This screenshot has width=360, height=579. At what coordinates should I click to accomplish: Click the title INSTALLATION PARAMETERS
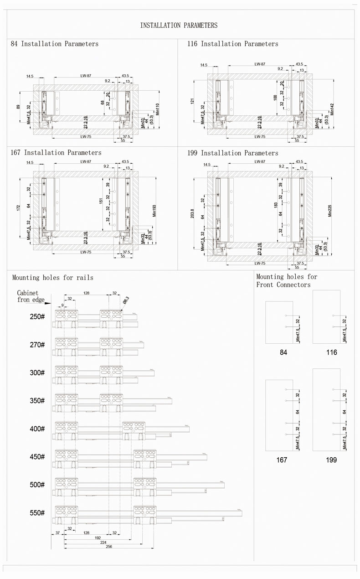coord(179,26)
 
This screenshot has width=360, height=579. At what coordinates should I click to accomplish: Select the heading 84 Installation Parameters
coord(55,44)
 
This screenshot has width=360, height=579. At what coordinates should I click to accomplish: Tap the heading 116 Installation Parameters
coord(232,44)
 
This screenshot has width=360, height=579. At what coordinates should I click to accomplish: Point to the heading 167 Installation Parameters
coord(56,153)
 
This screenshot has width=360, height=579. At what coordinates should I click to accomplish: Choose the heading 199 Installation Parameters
coord(232,153)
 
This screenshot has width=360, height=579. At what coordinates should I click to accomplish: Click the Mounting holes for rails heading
coord(53,277)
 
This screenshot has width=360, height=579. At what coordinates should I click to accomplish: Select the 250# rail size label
coord(37,317)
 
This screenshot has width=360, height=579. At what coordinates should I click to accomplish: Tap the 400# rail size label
coord(37,429)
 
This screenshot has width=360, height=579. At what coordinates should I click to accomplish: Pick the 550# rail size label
coord(37,513)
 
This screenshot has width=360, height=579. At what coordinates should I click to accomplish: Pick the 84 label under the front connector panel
coord(283,352)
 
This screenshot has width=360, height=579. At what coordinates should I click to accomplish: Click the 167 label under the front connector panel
coord(282,460)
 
